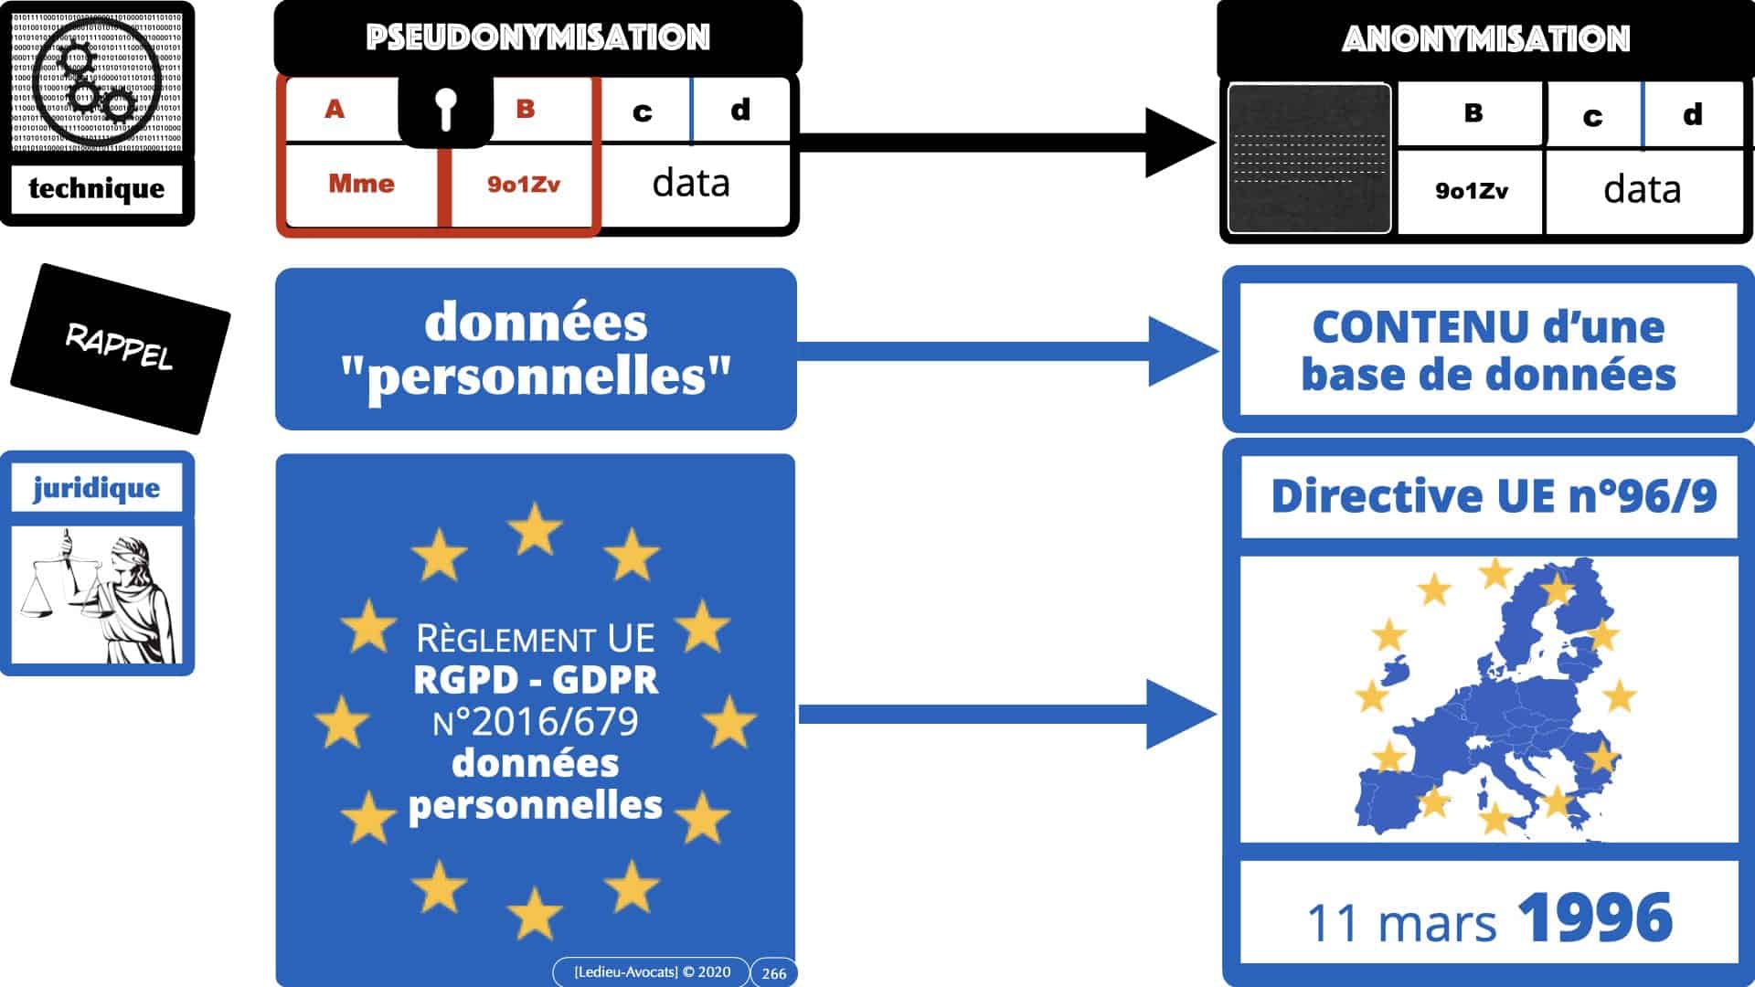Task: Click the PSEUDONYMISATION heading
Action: pos(537,37)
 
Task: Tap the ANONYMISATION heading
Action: pos(1485,39)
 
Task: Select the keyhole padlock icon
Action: pos(445,110)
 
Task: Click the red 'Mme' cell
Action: pos(361,184)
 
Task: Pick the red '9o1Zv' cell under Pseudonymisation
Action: pos(523,185)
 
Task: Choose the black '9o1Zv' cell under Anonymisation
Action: pos(1471,191)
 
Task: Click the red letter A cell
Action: pos(335,110)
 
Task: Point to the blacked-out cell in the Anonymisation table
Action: pos(1309,158)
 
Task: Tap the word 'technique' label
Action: pos(97,188)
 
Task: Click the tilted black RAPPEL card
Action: pos(120,348)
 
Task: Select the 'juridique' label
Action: pos(97,488)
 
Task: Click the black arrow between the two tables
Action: pos(1005,143)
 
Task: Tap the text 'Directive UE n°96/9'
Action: pos(1493,496)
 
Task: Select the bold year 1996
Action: pos(1595,918)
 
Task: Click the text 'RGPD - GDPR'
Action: pos(536,680)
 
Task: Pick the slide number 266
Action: pos(773,973)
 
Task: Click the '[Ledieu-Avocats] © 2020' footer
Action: pos(652,972)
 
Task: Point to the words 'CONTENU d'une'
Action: pos(1488,327)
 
